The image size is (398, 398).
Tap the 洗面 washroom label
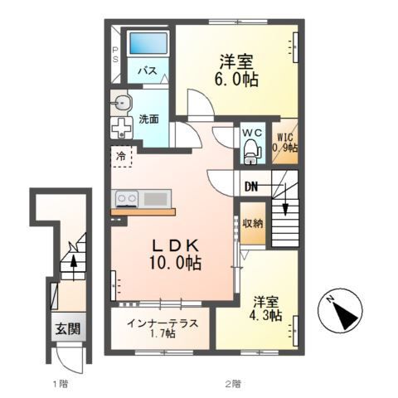tap(149, 117)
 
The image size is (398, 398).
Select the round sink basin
tap(122, 103)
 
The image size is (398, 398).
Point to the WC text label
tap(251, 132)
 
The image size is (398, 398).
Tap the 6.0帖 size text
tap(237, 80)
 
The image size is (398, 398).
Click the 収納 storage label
tap(253, 223)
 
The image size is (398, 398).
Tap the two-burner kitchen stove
tap(126, 198)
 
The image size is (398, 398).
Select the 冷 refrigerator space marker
tap(121, 155)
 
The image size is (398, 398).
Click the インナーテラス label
tap(161, 323)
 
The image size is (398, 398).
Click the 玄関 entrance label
tap(68, 328)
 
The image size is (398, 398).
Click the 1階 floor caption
tap(59, 383)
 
